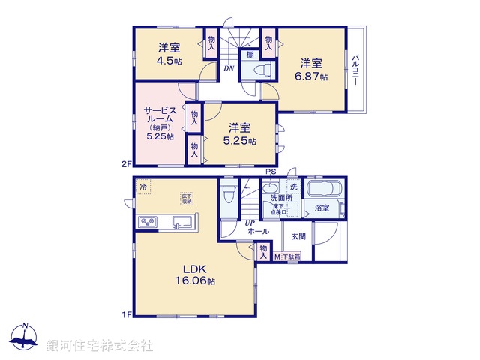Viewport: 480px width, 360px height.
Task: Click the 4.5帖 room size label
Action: tap(169, 61)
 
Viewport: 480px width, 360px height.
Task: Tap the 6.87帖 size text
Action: tap(313, 76)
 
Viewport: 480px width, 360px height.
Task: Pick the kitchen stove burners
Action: tap(146, 223)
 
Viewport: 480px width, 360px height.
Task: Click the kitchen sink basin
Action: tap(181, 223)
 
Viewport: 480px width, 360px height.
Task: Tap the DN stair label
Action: tap(227, 67)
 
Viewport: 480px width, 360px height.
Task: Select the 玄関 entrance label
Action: tap(298, 235)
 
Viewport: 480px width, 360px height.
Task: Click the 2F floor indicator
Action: tap(126, 163)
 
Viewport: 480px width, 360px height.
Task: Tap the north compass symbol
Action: tap(25, 338)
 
